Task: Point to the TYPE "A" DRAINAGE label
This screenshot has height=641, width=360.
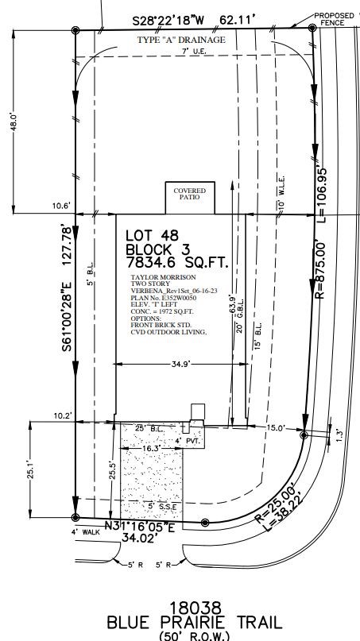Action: tap(181, 39)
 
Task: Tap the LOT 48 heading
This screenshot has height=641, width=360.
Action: tap(153, 235)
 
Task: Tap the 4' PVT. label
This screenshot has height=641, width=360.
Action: tap(188, 440)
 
